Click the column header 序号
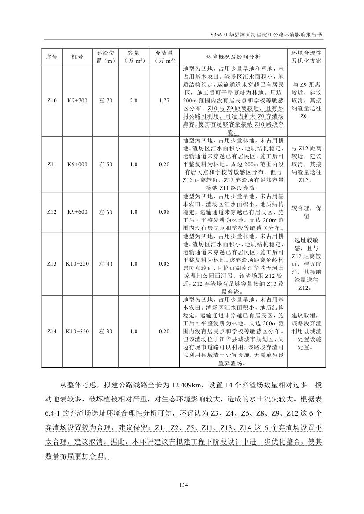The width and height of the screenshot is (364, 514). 52,57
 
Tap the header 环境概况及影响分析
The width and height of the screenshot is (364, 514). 233,57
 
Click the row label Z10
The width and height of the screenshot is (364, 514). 52,101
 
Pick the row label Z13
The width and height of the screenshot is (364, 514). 52,264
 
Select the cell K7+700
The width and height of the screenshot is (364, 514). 77,101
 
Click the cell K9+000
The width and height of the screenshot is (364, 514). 77,164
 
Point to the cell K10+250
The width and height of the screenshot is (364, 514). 77,264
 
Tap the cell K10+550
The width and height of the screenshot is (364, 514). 77,332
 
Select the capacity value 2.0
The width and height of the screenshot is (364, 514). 134,101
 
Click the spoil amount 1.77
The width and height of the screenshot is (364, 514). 164,101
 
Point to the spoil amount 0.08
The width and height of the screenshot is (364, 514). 164,212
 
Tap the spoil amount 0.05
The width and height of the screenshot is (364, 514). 164,264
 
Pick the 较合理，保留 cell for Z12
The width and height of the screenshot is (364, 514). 306,212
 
